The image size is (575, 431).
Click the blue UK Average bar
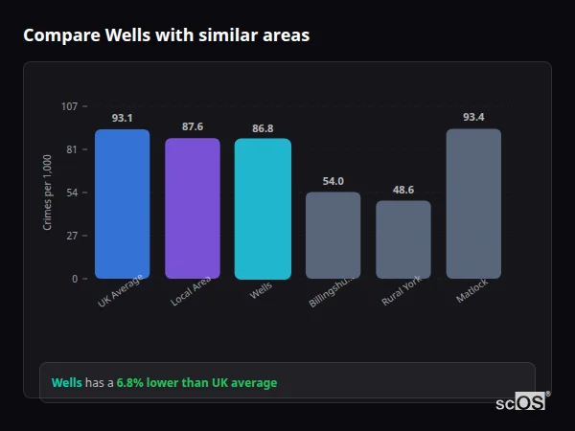pos(122,204)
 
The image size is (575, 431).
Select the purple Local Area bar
pos(192,209)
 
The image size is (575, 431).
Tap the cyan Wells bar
pos(263,209)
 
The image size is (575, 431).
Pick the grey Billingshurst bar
pos(333,236)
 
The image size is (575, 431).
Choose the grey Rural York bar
pos(402,239)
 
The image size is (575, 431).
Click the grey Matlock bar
pos(473,204)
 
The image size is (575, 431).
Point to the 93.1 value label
pos(122,118)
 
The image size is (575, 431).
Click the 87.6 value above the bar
pos(192,126)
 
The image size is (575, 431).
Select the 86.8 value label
pos(263,127)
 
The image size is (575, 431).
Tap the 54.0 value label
pos(333,181)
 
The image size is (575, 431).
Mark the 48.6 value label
pos(402,190)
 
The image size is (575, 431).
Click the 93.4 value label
pos(473,117)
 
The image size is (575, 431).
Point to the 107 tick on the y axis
pos(69,106)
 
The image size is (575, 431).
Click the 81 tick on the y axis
pos(72,149)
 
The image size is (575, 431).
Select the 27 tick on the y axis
pos(72,236)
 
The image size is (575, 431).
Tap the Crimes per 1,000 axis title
pos(47,193)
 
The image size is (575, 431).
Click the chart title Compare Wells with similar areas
pos(166,35)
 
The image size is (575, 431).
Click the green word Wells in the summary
pos(66,383)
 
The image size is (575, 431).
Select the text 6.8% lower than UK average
pos(196,383)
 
